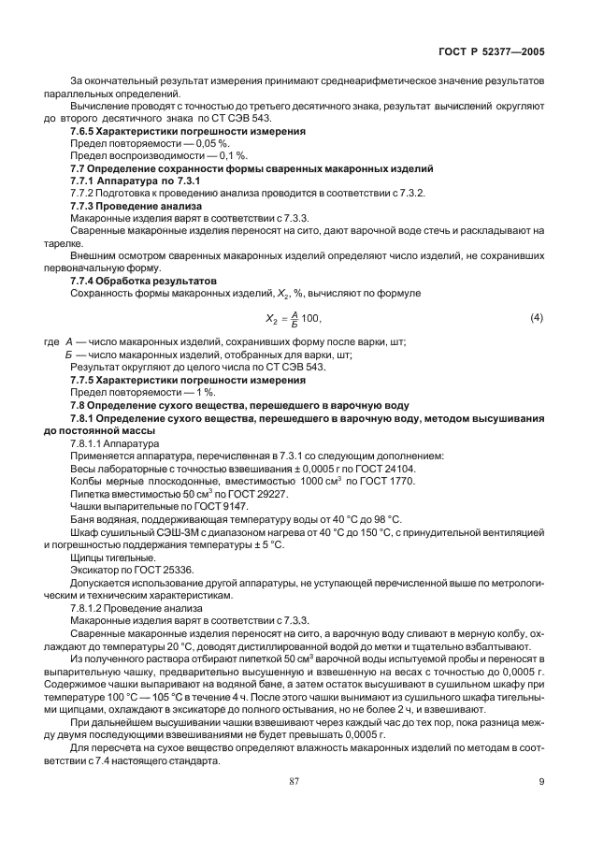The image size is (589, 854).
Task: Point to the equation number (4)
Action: (536, 318)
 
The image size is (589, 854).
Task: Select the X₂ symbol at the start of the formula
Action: (266, 320)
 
